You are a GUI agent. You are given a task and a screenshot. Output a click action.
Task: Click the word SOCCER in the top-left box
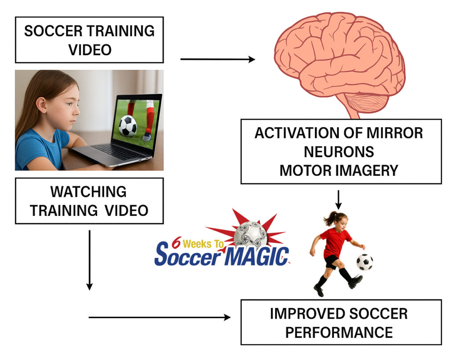(x=53, y=31)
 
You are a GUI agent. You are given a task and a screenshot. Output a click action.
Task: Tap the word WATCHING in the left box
(x=89, y=192)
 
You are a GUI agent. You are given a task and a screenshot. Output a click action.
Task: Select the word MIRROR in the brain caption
(x=395, y=133)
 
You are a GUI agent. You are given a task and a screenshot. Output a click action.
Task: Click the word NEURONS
(x=339, y=152)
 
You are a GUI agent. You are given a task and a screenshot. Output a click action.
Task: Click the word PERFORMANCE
(x=339, y=332)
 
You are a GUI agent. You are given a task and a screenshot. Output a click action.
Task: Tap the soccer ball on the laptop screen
(x=127, y=126)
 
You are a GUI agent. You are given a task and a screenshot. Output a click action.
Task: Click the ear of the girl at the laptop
(x=41, y=105)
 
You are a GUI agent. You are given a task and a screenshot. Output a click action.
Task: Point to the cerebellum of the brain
(x=366, y=103)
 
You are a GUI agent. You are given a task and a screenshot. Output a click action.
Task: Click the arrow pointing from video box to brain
(x=217, y=59)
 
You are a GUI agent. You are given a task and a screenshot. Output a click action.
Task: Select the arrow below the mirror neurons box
(x=338, y=200)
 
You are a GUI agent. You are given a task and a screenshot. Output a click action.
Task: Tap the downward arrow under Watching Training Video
(x=90, y=260)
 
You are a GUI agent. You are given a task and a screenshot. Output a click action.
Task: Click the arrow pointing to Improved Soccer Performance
(x=159, y=317)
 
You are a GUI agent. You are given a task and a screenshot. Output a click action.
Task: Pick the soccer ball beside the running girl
(x=365, y=262)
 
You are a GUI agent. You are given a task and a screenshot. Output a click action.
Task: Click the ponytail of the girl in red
(x=330, y=218)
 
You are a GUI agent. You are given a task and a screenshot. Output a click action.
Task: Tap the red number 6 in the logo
(x=176, y=243)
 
